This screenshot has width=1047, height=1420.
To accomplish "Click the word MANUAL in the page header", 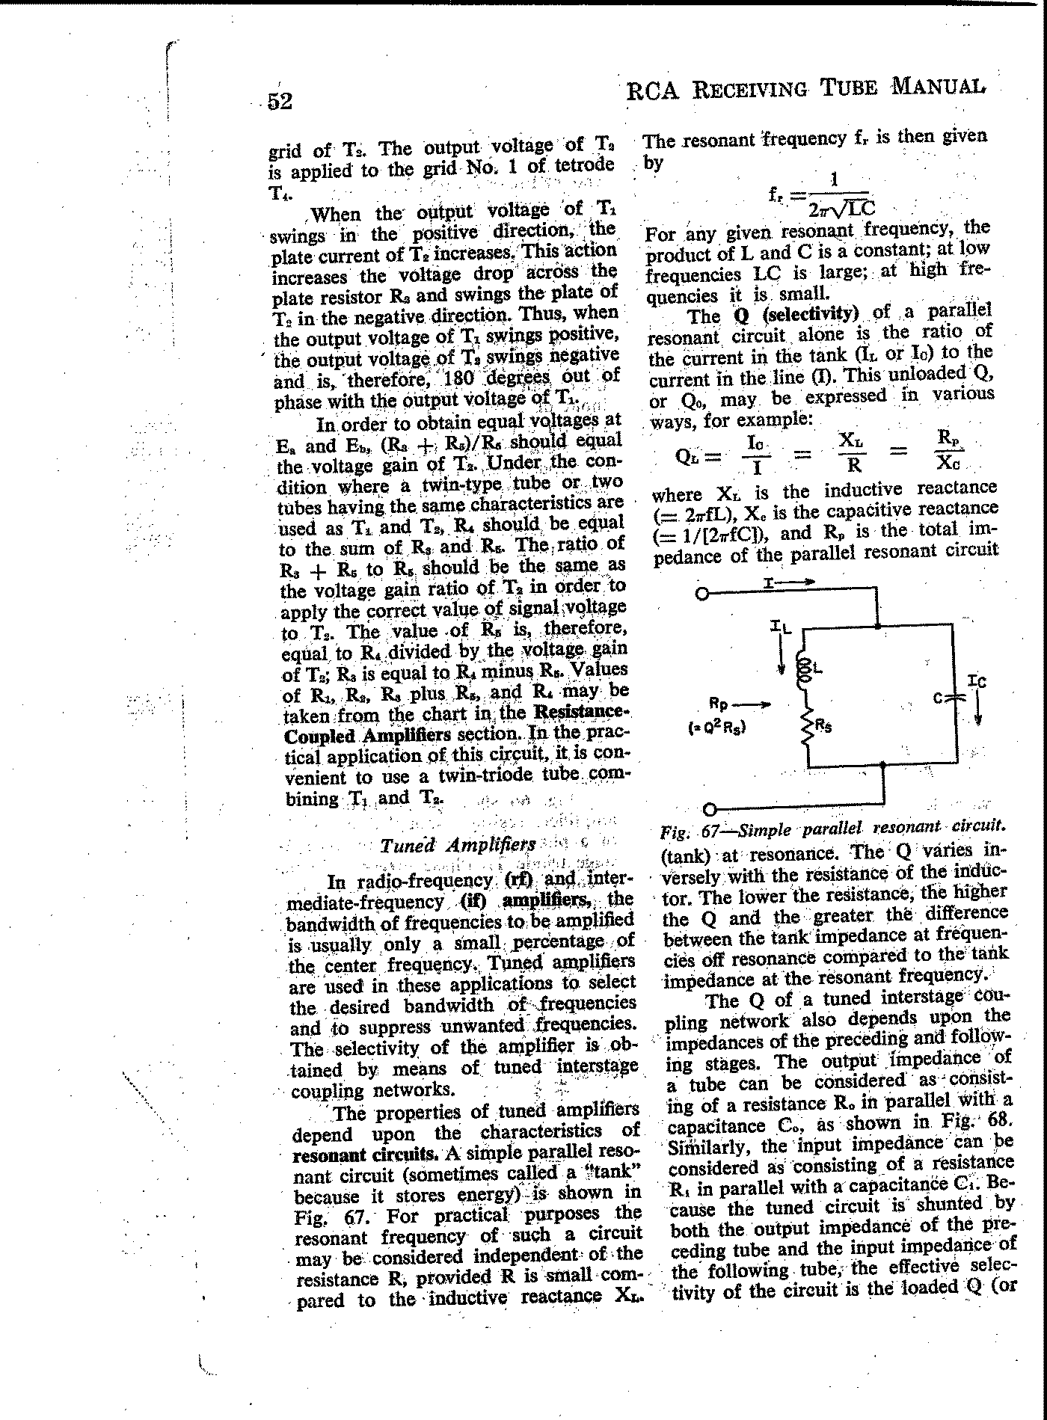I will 938,87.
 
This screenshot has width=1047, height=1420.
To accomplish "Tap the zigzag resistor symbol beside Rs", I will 807,725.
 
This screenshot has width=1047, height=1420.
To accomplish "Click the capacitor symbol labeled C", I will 955,698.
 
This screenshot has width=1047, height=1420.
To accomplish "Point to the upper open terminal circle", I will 701,594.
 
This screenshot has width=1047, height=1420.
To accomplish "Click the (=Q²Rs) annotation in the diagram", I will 717,724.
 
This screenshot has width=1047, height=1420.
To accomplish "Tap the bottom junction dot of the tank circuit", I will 883,764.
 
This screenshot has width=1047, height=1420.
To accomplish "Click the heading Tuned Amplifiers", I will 458,845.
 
